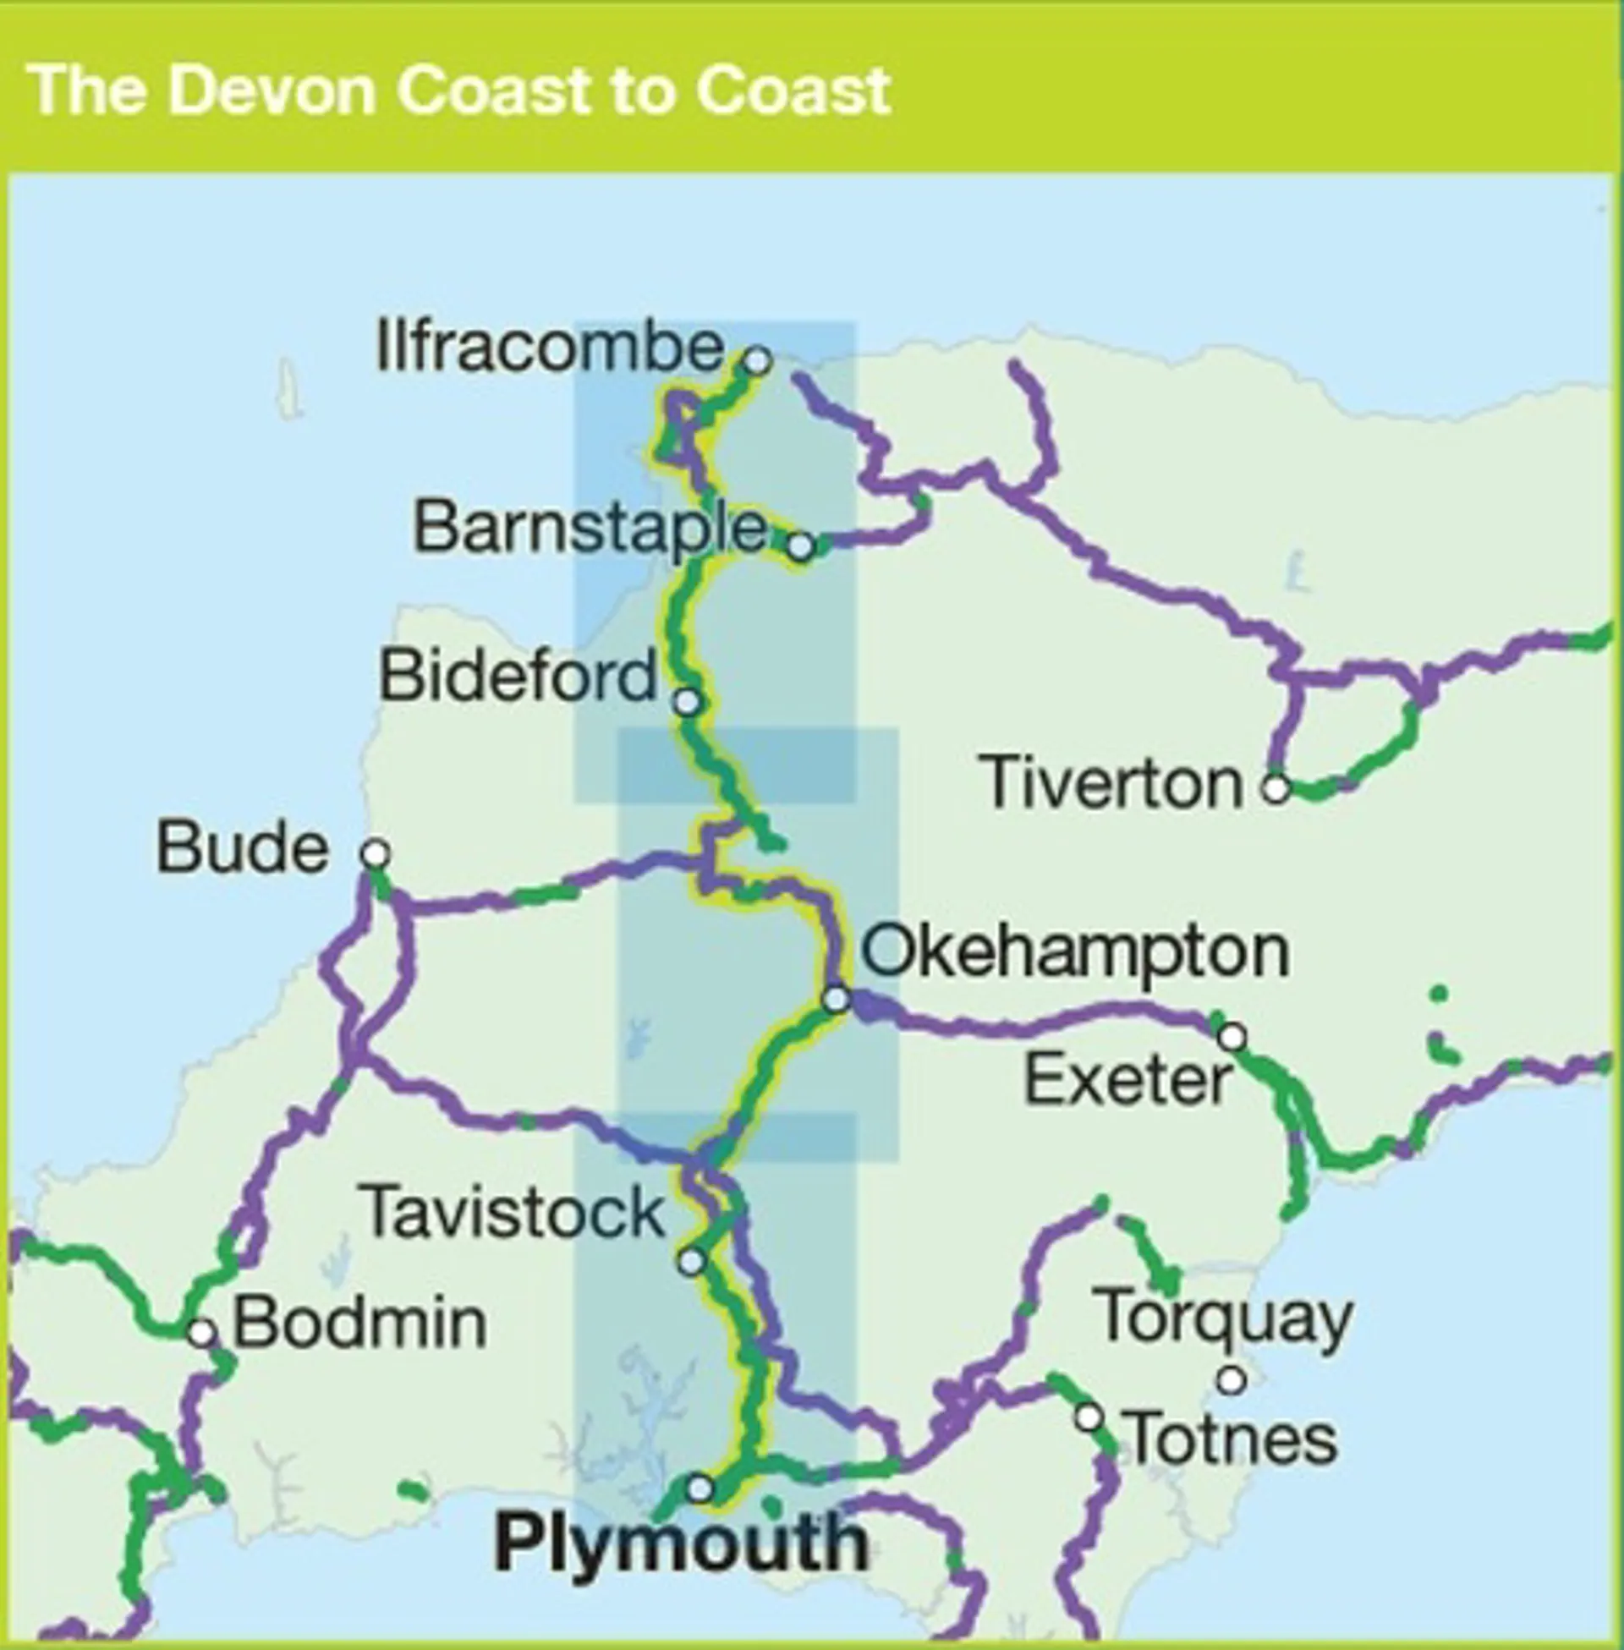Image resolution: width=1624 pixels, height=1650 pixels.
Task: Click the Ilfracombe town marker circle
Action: pos(757,360)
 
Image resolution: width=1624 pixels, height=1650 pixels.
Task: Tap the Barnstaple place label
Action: pos(590,528)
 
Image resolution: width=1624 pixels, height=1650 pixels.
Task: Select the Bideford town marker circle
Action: pos(688,702)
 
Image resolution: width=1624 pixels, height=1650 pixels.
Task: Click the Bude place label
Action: pos(242,848)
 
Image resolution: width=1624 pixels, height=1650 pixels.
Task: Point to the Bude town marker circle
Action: pos(376,852)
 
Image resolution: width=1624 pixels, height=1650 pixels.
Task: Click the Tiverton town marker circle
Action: pos(1276,788)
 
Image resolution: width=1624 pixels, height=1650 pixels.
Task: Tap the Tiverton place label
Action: pos(1113,783)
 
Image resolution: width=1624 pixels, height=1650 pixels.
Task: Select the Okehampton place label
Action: pos(1075,951)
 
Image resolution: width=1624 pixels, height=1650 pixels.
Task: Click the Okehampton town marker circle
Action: pos(837,999)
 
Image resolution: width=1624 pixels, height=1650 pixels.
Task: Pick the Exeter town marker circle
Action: pos(1232,1037)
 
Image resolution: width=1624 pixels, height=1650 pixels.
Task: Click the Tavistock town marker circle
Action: pos(692,1261)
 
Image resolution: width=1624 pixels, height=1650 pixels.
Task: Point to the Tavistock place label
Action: pos(513,1212)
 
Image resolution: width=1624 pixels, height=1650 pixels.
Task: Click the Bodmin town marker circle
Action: pos(202,1332)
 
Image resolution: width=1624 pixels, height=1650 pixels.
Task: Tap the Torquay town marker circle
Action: pos(1231,1379)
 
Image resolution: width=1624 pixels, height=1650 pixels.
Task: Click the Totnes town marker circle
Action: pos(1089,1418)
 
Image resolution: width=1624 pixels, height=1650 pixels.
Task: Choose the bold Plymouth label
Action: pos(681,1543)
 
